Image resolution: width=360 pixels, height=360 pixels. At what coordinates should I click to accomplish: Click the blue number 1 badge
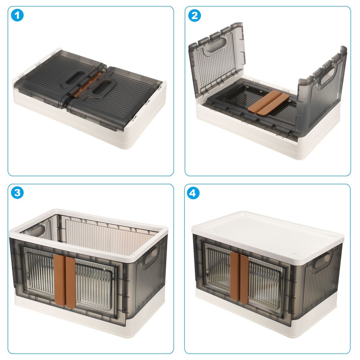pyautogui.click(x=17, y=15)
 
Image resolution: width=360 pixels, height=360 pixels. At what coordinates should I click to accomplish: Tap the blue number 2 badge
pyautogui.click(x=194, y=15)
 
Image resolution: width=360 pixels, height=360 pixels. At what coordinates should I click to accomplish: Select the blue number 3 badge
pyautogui.click(x=17, y=192)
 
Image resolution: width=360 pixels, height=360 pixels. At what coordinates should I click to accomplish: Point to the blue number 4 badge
pyautogui.click(x=193, y=193)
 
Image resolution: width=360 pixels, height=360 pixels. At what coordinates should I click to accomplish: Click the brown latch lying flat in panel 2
pyautogui.click(x=269, y=103)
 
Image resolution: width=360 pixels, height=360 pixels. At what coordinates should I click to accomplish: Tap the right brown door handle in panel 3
pyautogui.click(x=70, y=282)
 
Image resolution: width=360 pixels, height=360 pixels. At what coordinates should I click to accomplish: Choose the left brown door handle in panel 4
pyautogui.click(x=235, y=275)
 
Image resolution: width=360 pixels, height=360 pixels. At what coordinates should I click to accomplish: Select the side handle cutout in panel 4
pyautogui.click(x=322, y=261)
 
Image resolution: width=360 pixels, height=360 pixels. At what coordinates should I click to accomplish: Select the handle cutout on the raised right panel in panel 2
pyautogui.click(x=328, y=76)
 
